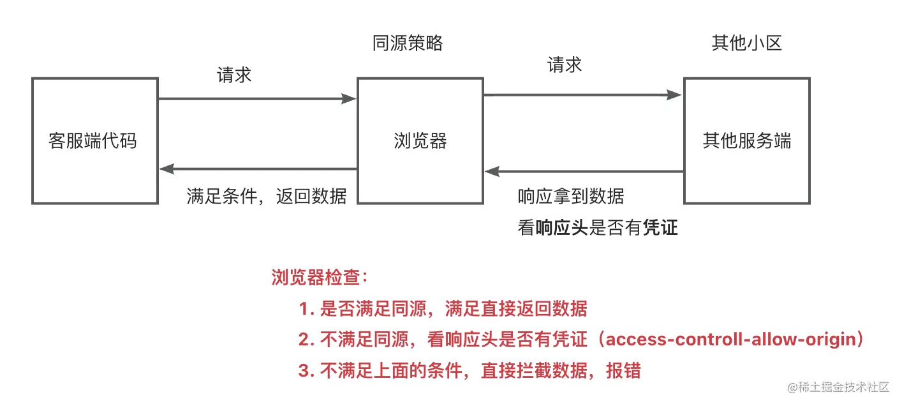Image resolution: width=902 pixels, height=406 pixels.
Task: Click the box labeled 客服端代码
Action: tap(94, 140)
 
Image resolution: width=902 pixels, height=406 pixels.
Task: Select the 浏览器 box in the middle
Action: tap(420, 140)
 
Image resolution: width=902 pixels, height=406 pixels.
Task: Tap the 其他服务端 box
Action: tap(746, 140)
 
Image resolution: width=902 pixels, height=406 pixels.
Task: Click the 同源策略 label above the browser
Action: tap(407, 43)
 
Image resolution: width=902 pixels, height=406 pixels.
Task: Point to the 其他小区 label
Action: tap(746, 43)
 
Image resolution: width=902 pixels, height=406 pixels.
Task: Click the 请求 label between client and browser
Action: tap(234, 75)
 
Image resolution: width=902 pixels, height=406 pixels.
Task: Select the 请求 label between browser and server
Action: tap(564, 64)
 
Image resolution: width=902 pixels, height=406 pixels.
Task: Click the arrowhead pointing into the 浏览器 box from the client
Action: tap(349, 99)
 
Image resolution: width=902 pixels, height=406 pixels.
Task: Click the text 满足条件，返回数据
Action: tap(267, 196)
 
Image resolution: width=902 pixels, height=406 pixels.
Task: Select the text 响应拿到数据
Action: tap(570, 196)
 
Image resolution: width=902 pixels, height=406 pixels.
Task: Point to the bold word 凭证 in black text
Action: tap(660, 228)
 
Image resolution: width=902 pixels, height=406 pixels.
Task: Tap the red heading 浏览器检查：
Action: tap(320, 278)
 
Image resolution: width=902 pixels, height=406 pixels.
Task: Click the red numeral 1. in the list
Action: tap(306, 310)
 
